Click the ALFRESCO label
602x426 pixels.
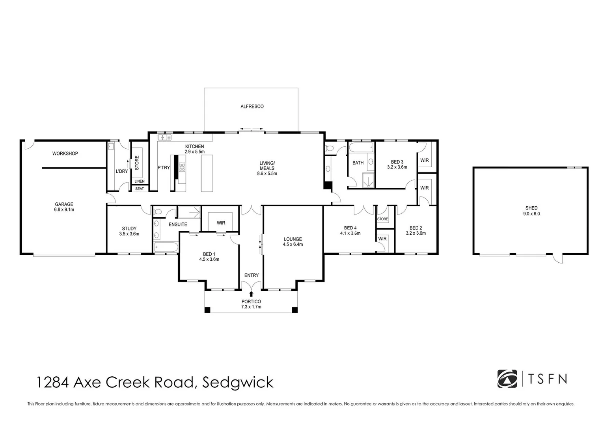click(x=252, y=106)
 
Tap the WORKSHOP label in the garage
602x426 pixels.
click(x=65, y=153)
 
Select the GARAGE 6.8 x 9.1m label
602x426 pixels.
click(x=64, y=207)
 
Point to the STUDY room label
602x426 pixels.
click(x=129, y=231)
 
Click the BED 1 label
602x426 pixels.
click(x=209, y=257)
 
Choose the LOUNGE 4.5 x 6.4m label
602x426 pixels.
click(x=293, y=241)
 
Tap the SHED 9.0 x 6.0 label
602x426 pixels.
click(x=531, y=211)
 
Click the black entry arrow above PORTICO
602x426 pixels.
click(x=252, y=293)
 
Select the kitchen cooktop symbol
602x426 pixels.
click(x=182, y=167)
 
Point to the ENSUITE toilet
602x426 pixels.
click(x=158, y=212)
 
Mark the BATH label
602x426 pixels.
click(x=358, y=163)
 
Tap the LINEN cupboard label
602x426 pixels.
click(x=140, y=181)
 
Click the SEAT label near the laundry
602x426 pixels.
click(x=140, y=189)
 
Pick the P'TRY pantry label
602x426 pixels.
click(x=164, y=168)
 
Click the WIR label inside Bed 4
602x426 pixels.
click(x=382, y=239)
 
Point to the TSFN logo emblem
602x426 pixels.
click(x=507, y=379)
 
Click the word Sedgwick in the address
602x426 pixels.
click(x=238, y=382)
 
